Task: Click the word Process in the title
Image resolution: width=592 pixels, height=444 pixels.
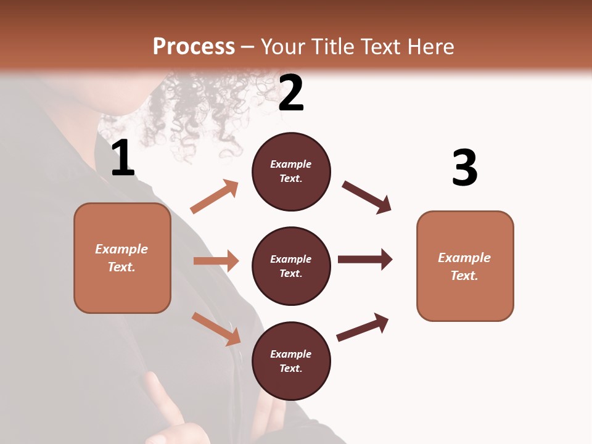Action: (x=194, y=47)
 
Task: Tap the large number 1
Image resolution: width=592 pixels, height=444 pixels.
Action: (x=123, y=158)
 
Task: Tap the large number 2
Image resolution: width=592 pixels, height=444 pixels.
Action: (x=291, y=93)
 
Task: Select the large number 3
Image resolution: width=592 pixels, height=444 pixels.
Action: (x=464, y=168)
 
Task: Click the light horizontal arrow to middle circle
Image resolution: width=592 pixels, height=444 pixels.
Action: (x=216, y=261)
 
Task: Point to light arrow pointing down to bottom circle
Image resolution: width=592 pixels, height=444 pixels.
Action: (x=216, y=328)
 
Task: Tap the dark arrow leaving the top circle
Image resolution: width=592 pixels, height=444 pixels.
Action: (x=366, y=197)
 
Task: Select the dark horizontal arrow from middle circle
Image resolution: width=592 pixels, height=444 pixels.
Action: (x=364, y=259)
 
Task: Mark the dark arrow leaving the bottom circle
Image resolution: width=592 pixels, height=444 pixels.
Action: (x=363, y=327)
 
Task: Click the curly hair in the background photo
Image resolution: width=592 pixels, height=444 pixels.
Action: (x=203, y=111)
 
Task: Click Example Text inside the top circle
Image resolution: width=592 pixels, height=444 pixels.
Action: (x=291, y=171)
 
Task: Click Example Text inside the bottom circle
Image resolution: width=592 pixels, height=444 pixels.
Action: (x=291, y=361)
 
